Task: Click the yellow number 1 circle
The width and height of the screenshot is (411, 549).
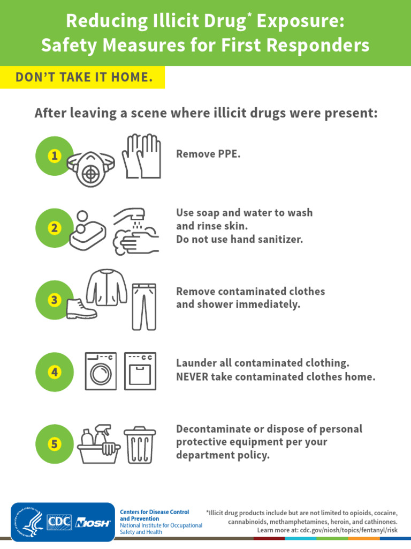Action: pyautogui.click(x=54, y=156)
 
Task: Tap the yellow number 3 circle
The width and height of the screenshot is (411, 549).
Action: pyautogui.click(x=54, y=300)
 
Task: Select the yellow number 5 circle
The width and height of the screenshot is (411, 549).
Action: pyautogui.click(x=54, y=444)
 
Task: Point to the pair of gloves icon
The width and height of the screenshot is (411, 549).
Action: pyautogui.click(x=141, y=156)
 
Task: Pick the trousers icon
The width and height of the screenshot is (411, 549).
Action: pyautogui.click(x=144, y=306)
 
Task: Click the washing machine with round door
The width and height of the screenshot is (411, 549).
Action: pyautogui.click(x=101, y=371)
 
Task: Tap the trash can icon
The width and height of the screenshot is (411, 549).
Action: pyautogui.click(x=140, y=445)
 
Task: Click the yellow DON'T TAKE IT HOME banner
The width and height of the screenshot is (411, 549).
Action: pyautogui.click(x=82, y=78)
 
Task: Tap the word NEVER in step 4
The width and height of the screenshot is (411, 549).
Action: pyautogui.click(x=191, y=377)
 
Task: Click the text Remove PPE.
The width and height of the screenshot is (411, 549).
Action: pyautogui.click(x=208, y=154)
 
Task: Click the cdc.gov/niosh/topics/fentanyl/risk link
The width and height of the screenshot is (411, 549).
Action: pyautogui.click(x=349, y=530)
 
